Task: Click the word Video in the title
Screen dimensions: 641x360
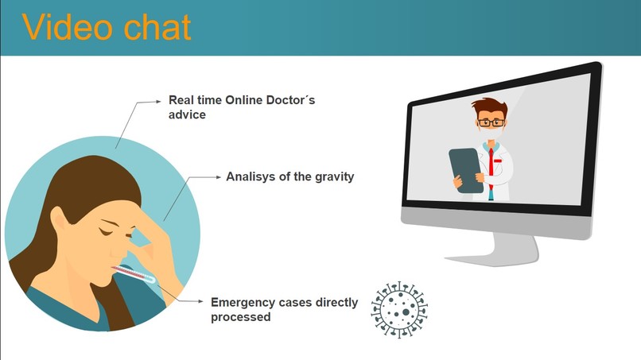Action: pyautogui.click(x=66, y=27)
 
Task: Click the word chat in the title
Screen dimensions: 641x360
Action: pyautogui.click(x=157, y=27)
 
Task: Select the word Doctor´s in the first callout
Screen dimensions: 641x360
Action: pyautogui.click(x=290, y=100)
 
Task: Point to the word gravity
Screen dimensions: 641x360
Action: pyautogui.click(x=334, y=177)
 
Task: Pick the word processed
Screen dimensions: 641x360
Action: pyautogui.click(x=240, y=317)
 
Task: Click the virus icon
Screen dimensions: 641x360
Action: pyautogui.click(x=399, y=310)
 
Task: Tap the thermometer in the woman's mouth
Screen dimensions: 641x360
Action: pyautogui.click(x=134, y=274)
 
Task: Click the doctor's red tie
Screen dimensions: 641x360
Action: pyautogui.click(x=491, y=168)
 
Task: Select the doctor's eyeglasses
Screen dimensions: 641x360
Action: pyautogui.click(x=491, y=122)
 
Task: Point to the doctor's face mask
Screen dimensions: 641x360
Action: pyautogui.click(x=491, y=132)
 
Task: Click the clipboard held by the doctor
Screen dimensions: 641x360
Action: pyautogui.click(x=466, y=170)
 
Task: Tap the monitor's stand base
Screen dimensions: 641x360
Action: pyautogui.click(x=492, y=257)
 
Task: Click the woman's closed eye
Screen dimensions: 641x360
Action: pyautogui.click(x=106, y=232)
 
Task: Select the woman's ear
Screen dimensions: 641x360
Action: pyautogui.click(x=58, y=219)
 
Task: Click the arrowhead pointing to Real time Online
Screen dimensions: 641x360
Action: pyautogui.click(x=158, y=102)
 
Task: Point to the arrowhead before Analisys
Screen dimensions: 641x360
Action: pyautogui.click(x=218, y=177)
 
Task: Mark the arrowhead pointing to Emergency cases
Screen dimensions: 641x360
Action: pyautogui.click(x=200, y=301)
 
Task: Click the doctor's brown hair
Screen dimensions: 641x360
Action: pyautogui.click(x=490, y=107)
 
